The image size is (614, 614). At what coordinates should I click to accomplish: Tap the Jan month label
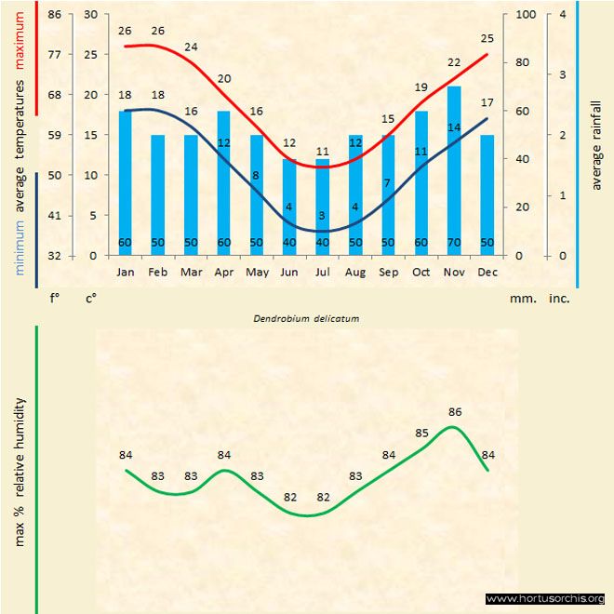click(x=125, y=273)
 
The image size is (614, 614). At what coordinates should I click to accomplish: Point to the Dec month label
click(x=487, y=273)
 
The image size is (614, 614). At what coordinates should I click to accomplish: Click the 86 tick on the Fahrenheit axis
click(x=55, y=15)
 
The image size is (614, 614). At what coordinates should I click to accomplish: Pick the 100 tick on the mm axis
click(x=526, y=15)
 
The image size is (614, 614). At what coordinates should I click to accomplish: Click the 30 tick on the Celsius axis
click(x=90, y=15)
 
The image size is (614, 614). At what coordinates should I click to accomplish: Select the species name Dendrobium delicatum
click(x=306, y=318)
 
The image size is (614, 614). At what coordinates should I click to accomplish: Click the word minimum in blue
click(x=20, y=247)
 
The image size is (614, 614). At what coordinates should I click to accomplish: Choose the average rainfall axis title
click(x=596, y=143)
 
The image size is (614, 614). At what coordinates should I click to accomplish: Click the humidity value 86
click(x=455, y=411)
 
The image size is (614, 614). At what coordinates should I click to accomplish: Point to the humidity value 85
click(x=421, y=433)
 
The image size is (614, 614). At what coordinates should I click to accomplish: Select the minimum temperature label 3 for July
click(x=322, y=216)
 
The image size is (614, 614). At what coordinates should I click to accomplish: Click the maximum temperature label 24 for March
click(x=191, y=47)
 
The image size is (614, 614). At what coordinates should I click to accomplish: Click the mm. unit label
click(x=520, y=300)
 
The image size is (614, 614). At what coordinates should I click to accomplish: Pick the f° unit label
click(x=55, y=300)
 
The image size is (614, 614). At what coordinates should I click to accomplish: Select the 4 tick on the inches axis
click(x=563, y=15)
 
